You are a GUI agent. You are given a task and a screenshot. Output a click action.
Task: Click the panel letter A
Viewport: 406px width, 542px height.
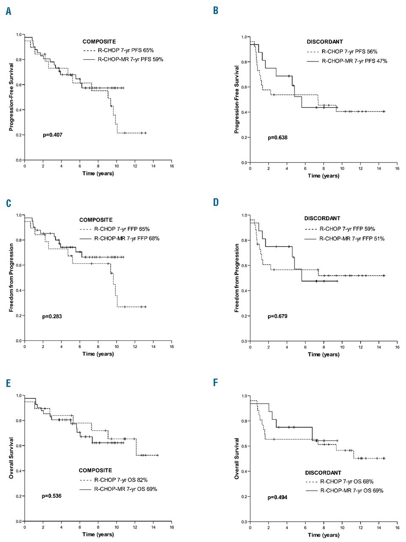click(x=8, y=11)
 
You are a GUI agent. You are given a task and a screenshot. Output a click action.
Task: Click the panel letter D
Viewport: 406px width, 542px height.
click(x=216, y=202)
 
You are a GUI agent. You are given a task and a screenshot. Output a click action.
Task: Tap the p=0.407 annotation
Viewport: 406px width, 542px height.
click(x=53, y=135)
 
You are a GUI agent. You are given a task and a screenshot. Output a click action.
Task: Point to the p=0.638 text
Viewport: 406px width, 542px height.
click(x=278, y=138)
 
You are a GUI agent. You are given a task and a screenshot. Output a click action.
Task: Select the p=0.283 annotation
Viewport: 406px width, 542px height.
click(x=52, y=316)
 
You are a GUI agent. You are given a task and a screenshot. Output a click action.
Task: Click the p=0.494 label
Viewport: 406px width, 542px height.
click(x=277, y=498)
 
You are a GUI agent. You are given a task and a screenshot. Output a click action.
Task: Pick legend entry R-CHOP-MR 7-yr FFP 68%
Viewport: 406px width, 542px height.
click(x=127, y=238)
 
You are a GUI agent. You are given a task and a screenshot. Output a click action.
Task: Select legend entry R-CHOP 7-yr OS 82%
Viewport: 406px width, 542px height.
click(x=121, y=480)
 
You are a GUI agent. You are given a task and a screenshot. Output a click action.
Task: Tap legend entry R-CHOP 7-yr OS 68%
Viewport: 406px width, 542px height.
click(x=347, y=481)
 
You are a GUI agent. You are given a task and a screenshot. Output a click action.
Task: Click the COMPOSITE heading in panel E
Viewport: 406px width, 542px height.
click(x=95, y=470)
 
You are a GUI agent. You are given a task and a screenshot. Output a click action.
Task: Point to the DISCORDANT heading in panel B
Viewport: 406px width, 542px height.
click(x=325, y=42)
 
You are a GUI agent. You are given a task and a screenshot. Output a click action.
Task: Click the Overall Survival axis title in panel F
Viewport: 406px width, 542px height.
click(x=237, y=459)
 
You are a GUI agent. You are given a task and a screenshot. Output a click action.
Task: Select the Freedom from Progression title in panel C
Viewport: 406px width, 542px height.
click(x=11, y=278)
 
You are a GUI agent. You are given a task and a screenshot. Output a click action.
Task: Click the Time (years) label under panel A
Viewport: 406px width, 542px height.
click(x=98, y=173)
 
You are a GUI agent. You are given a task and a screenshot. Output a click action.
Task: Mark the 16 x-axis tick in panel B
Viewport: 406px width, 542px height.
click(x=397, y=169)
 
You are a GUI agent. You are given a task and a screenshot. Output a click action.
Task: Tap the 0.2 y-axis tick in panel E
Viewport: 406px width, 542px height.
click(x=19, y=496)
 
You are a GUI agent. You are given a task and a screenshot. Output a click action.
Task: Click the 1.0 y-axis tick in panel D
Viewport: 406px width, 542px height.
click(x=244, y=216)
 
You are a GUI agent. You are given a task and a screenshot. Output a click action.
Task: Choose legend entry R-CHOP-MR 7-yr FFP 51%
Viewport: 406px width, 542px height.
click(x=352, y=239)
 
